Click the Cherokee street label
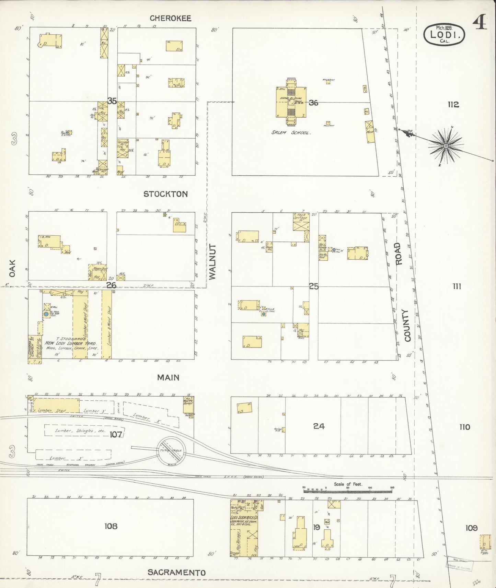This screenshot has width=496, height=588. pos(170,18)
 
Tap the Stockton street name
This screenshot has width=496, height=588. pos(165,194)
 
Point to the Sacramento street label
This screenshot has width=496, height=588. pos(177,573)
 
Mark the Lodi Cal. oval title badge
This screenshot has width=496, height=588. pos(445,35)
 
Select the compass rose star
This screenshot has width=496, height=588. pos(446,146)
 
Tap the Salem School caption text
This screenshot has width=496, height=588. pos(291,132)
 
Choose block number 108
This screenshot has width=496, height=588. pos(111,526)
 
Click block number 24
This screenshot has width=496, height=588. pos(319,426)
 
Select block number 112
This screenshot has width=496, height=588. pos(453,105)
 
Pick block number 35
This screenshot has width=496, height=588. pos(112,101)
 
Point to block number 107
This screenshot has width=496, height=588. pos(116,435)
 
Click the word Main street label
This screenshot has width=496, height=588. pos(168,377)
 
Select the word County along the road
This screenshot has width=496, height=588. pos(407,326)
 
